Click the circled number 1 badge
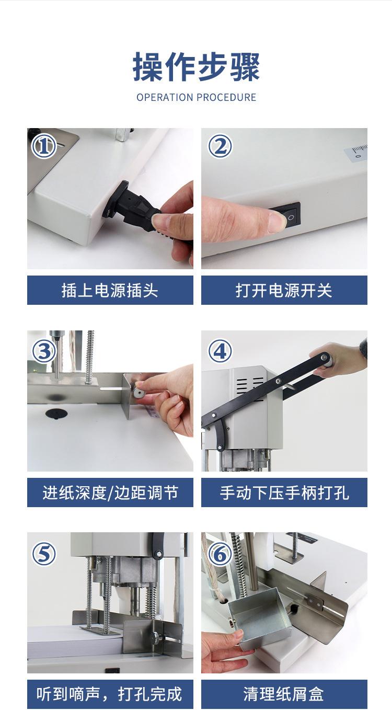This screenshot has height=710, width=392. tap(44, 146)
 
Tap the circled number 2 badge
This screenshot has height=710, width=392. tap(220, 146)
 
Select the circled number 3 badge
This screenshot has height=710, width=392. tap(44, 351)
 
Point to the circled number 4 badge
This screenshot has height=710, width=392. tap(220, 351)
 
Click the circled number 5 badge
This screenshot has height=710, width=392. tap(44, 554)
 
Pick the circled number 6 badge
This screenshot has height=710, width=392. tap(220, 554)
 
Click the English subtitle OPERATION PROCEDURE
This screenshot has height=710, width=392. tap(196, 97)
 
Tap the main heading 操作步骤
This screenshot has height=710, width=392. tap(196, 67)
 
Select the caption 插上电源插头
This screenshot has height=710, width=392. tap(110, 290)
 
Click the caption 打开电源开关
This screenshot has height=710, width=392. tap(284, 290)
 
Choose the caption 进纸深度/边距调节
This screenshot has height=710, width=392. tap(110, 493)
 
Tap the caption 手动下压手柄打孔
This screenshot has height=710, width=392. tap(284, 493)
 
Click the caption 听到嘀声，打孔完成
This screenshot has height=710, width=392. tap(109, 694)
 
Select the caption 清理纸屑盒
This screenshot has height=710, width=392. tap(284, 694)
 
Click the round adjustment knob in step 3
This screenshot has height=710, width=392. tap(139, 393)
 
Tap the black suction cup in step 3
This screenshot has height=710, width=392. tap(56, 414)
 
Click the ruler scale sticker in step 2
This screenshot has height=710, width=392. tap(356, 152)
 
